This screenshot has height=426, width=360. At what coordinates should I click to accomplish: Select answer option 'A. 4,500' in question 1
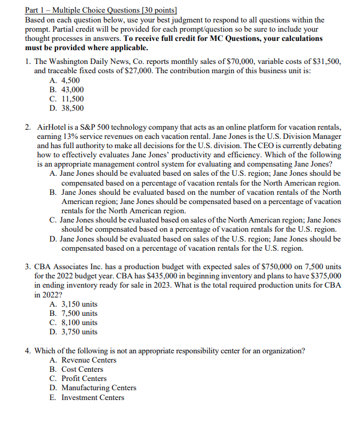(x=65, y=81)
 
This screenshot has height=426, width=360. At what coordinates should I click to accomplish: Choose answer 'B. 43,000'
(x=66, y=90)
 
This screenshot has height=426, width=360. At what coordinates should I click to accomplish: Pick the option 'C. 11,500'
(x=66, y=99)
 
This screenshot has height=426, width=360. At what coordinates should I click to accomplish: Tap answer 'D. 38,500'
(x=66, y=108)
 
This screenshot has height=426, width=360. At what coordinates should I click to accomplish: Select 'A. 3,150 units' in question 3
(x=73, y=304)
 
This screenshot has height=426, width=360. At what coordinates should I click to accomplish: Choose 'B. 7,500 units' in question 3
(x=73, y=314)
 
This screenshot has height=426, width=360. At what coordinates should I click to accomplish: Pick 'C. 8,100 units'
(x=73, y=323)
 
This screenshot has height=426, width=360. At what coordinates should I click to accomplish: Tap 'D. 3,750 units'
(x=73, y=332)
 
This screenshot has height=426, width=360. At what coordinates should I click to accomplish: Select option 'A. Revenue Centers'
(x=83, y=360)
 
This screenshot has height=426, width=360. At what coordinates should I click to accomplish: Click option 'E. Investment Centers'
(x=86, y=397)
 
